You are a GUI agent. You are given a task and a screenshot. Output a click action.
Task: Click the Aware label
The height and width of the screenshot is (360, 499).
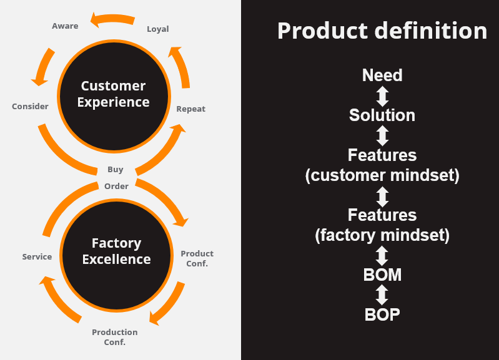(65, 26)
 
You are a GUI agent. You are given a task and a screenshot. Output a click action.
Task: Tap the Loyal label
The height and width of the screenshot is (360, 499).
(158, 29)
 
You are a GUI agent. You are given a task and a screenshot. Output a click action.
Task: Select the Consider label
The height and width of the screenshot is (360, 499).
(30, 106)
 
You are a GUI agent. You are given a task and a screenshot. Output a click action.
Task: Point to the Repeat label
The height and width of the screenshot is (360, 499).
(191, 109)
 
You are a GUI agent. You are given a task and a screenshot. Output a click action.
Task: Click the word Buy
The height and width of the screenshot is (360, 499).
(115, 170)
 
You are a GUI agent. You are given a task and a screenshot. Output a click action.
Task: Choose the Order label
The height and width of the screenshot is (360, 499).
(117, 186)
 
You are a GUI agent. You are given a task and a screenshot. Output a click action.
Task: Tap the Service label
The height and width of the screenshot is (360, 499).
(37, 256)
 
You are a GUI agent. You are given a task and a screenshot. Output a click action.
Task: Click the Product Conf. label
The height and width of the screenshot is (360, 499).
(197, 258)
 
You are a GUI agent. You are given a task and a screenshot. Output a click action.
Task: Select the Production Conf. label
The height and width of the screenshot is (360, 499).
(114, 337)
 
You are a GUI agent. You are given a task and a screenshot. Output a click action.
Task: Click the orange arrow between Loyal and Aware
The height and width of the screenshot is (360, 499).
(112, 19)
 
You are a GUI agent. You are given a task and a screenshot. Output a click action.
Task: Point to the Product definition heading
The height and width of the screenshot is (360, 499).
(382, 31)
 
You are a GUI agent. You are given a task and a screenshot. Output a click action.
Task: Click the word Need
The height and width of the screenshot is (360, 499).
(382, 75)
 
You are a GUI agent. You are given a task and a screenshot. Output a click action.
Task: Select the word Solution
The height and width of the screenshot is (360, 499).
(382, 115)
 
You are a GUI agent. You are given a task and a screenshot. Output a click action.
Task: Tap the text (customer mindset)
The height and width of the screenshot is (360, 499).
(382, 175)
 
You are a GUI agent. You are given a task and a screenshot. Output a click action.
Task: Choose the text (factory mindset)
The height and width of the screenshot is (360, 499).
(382, 235)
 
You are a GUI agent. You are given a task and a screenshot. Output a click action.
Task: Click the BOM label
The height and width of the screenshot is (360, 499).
(382, 275)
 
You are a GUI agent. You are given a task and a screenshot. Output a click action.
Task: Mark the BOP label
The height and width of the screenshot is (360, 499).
(382, 315)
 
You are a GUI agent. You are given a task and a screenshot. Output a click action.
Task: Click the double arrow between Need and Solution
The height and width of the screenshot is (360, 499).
(382, 96)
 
